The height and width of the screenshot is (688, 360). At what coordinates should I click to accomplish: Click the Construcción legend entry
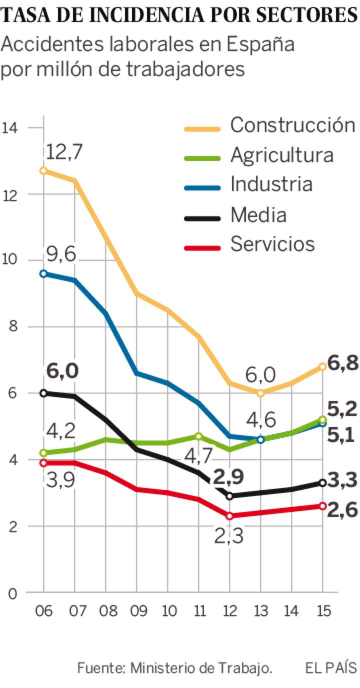(x=292, y=125)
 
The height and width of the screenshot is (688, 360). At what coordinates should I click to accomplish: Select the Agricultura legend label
(x=281, y=155)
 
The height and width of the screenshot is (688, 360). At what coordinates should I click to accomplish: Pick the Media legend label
(x=258, y=215)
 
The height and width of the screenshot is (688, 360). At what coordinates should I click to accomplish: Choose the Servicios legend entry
(x=272, y=244)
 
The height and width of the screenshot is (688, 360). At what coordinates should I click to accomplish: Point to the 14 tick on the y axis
(x=10, y=127)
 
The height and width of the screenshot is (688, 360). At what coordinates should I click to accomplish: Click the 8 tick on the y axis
(x=13, y=327)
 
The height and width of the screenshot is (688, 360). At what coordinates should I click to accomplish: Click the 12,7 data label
(x=63, y=152)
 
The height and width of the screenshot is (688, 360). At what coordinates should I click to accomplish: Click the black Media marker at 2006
(x=43, y=393)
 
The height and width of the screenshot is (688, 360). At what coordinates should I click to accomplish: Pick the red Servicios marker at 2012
(x=229, y=516)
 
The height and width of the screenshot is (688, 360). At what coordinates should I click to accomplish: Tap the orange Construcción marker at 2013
(x=260, y=393)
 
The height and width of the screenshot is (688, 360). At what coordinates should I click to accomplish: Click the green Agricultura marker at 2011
(x=198, y=436)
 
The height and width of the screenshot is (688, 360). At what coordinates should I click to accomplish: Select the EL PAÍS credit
(x=331, y=667)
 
